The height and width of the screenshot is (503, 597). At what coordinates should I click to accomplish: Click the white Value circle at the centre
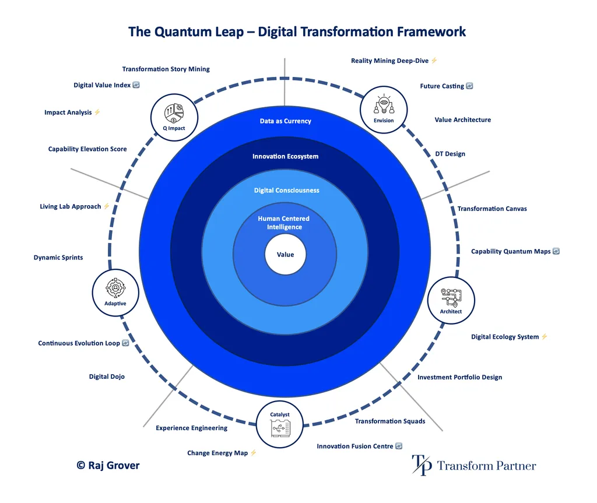click(285, 255)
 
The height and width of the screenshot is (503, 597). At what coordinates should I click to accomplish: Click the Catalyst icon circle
click(280, 424)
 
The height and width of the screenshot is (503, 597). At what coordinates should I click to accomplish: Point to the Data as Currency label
click(286, 121)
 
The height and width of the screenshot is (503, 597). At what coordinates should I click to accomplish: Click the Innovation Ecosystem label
click(286, 156)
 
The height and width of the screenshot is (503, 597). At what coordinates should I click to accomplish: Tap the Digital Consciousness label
click(286, 191)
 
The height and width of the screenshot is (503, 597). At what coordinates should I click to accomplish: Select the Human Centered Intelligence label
click(284, 223)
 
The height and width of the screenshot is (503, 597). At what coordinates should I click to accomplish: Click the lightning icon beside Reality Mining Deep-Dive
click(434, 61)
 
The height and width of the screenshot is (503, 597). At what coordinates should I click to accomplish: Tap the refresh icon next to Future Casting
click(469, 86)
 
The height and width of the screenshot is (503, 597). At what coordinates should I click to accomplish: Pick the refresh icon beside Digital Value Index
click(136, 85)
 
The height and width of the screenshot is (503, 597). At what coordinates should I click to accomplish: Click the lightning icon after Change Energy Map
click(253, 453)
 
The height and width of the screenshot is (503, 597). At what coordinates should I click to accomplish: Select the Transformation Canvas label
click(491, 209)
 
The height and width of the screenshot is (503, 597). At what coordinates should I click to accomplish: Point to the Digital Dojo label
click(107, 377)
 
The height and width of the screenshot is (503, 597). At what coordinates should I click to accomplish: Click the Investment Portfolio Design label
click(459, 377)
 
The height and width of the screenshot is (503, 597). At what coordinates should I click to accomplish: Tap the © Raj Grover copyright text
click(108, 465)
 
